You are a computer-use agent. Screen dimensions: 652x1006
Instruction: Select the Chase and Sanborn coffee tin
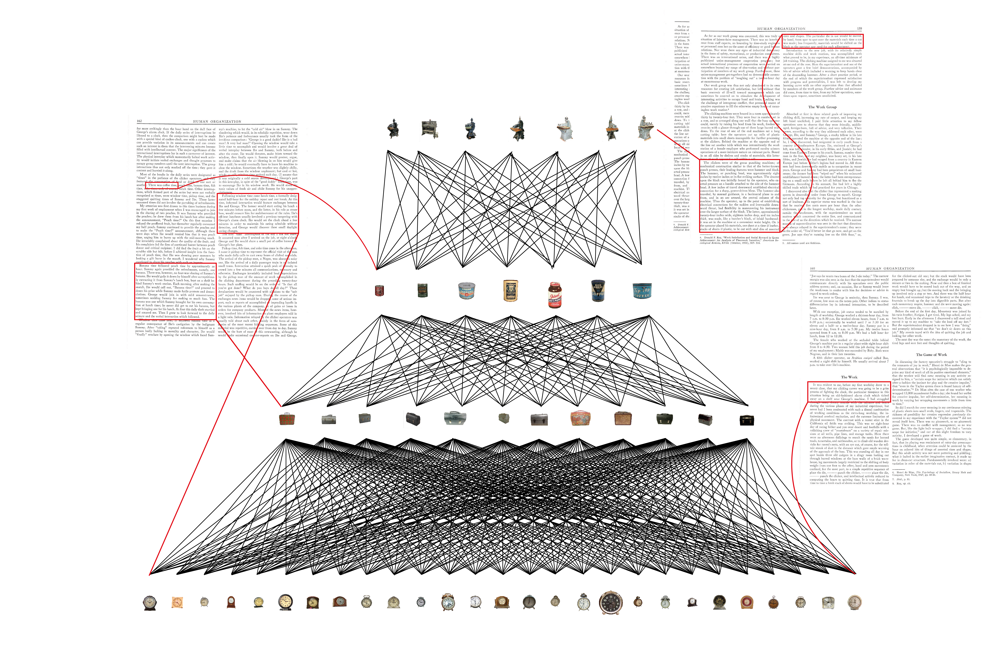[x=467, y=290]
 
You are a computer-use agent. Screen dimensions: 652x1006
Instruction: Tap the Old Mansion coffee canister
[x=511, y=290]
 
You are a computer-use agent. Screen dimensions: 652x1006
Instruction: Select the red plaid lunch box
[x=287, y=419]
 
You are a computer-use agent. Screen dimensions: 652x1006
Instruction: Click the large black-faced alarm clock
[x=610, y=602]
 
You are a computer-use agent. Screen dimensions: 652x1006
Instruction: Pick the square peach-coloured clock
[x=177, y=602]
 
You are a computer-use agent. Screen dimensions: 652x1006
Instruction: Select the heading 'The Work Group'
[x=822, y=107]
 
